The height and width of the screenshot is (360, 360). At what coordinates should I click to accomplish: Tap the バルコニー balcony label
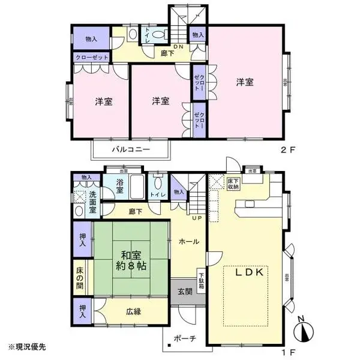click(130, 149)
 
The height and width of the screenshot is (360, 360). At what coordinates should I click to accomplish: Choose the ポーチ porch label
click(185, 338)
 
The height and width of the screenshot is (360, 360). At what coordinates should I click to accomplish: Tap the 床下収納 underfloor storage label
click(233, 183)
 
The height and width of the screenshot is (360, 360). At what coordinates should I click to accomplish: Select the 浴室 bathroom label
click(119, 187)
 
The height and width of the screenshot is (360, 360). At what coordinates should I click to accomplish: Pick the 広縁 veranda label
click(134, 311)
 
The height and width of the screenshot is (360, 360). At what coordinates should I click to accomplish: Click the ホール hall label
click(190, 241)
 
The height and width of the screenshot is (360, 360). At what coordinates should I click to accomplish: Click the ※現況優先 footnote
click(26, 347)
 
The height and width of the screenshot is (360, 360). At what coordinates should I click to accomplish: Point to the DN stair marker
click(179, 47)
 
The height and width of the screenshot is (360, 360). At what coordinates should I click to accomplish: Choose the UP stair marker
click(196, 217)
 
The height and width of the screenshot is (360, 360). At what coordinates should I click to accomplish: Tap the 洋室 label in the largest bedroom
click(244, 82)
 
